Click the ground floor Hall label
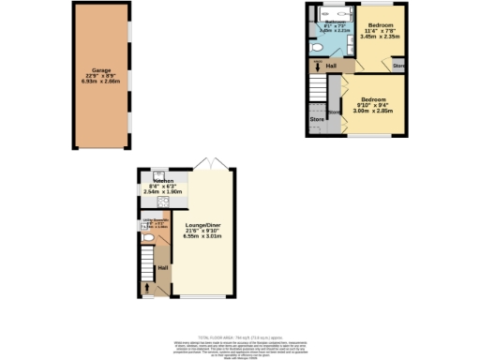point(162,269)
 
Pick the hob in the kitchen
point(162,198)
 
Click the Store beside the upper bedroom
point(398,66)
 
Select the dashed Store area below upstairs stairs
point(317,119)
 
